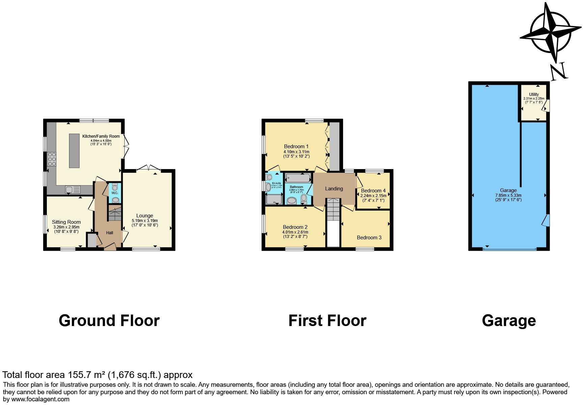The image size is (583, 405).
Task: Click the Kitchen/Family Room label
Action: [x=101, y=136]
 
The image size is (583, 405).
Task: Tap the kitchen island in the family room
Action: [x=75, y=151]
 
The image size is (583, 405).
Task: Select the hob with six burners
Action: [x=52, y=159]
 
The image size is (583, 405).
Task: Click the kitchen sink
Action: [x=73, y=190]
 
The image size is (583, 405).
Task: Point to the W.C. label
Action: [x=115, y=193]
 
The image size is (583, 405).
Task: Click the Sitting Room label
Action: [x=66, y=222]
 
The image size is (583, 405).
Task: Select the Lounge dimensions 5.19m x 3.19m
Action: [x=144, y=221]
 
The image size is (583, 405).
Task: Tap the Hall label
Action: [x=110, y=233]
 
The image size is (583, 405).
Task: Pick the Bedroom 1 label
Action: [x=296, y=146]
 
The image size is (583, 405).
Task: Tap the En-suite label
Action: [x=276, y=183]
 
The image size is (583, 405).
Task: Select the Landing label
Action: [x=334, y=189]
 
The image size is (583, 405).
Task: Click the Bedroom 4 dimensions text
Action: [x=373, y=196]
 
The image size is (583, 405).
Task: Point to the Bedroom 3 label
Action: [x=369, y=238]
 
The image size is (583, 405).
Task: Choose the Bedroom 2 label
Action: [x=295, y=227]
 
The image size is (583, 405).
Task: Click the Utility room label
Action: [x=534, y=94]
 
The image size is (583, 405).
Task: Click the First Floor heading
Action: [x=327, y=321]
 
